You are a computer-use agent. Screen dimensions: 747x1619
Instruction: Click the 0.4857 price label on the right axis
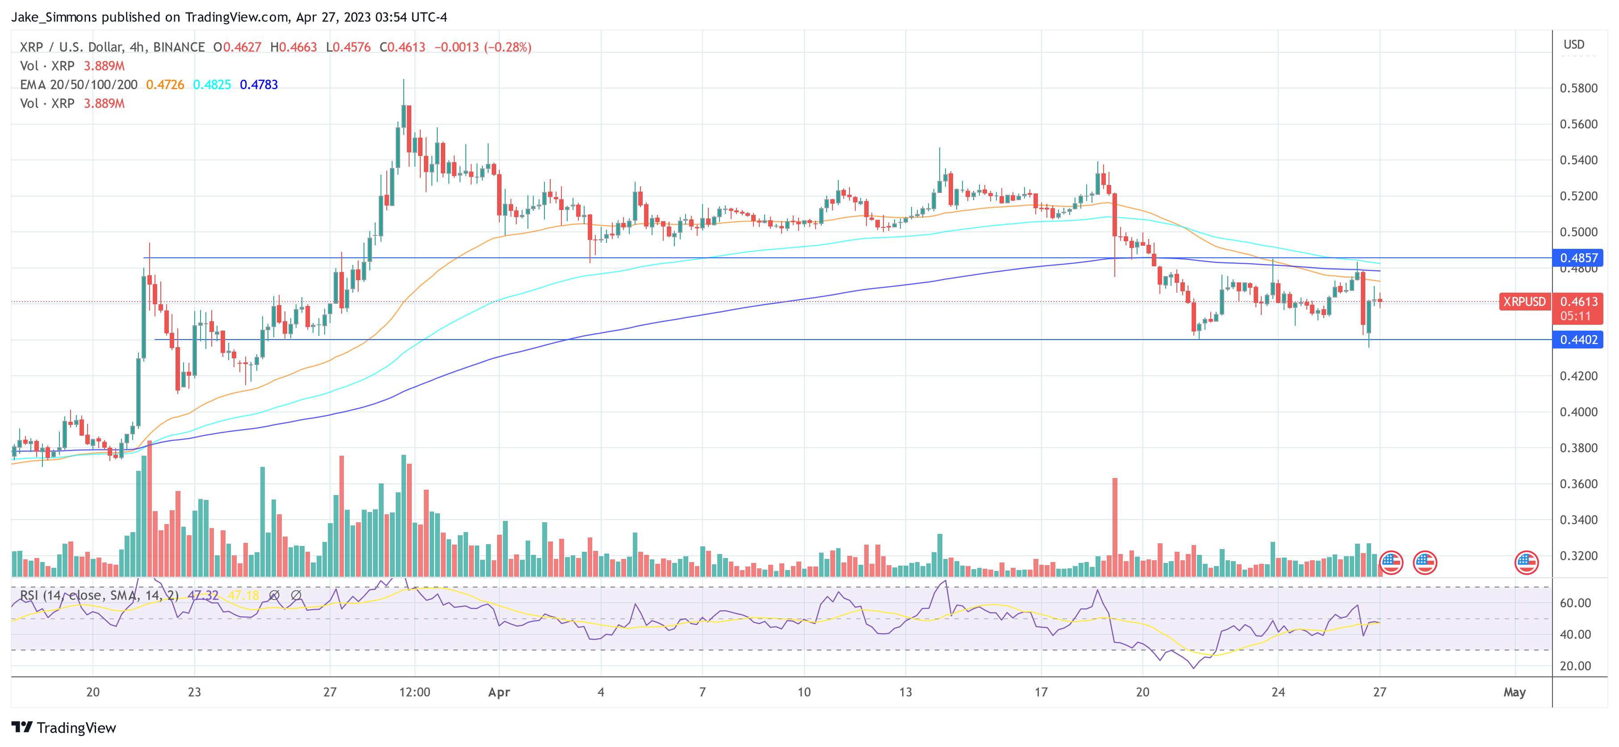[x=1578, y=258]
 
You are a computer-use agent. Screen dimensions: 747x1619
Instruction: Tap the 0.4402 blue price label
[x=1578, y=340]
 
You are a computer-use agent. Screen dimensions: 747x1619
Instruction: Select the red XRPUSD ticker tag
[x=1523, y=302]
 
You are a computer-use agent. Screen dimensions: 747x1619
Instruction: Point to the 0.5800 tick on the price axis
[x=1578, y=88]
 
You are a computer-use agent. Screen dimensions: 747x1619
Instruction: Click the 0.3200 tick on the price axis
[x=1578, y=556]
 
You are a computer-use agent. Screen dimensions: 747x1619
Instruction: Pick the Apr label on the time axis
[x=499, y=692]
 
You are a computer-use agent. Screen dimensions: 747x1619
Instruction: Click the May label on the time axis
[x=1514, y=692]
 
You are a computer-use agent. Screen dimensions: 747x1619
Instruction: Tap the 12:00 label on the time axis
[x=415, y=692]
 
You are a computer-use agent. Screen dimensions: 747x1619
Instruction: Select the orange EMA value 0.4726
[x=165, y=85]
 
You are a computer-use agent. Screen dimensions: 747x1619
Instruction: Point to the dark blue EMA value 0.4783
[x=259, y=85]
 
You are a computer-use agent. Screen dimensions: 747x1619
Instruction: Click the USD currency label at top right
[x=1574, y=45]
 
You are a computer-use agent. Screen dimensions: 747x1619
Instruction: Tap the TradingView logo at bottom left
[x=64, y=727]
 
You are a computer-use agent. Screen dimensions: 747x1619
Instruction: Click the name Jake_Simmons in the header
[x=54, y=17]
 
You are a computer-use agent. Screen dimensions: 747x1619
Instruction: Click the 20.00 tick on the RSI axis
[x=1575, y=666]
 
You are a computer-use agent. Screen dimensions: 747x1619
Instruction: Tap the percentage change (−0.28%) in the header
[x=507, y=47]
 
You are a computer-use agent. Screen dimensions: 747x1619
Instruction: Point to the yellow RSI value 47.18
[x=243, y=595]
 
